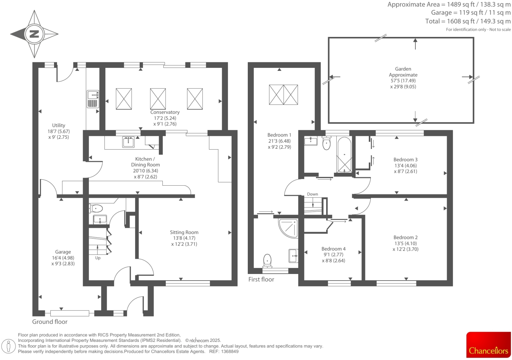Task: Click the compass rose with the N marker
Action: (x=34, y=34)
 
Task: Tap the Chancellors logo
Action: (x=488, y=345)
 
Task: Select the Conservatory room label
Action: (x=165, y=112)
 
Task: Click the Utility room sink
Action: (x=93, y=95)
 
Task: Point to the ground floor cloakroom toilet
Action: (x=96, y=208)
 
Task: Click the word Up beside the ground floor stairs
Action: (x=98, y=258)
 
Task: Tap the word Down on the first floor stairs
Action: (x=312, y=194)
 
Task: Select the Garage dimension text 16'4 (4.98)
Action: (x=63, y=258)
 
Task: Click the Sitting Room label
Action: (x=184, y=232)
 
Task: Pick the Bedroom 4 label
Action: (x=333, y=249)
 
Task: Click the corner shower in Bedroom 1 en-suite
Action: (x=288, y=227)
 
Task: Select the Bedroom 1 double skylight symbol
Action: (x=283, y=95)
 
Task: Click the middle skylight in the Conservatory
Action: (x=158, y=99)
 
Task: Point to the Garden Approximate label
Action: (x=403, y=72)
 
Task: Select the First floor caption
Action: (x=261, y=280)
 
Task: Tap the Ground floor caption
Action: (x=50, y=322)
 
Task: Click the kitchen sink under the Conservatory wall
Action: (x=128, y=142)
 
